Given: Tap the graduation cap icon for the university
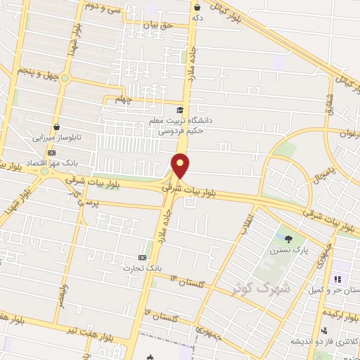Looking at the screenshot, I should tap(180, 110).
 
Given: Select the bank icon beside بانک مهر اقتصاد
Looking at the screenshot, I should tap(51, 152).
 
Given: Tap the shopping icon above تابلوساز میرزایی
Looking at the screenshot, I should tap(56, 127).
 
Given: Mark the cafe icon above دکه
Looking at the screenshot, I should tap(196, 7).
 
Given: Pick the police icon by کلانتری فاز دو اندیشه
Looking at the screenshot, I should tap(323, 330).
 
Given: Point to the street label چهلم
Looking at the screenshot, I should tap(124, 98).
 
